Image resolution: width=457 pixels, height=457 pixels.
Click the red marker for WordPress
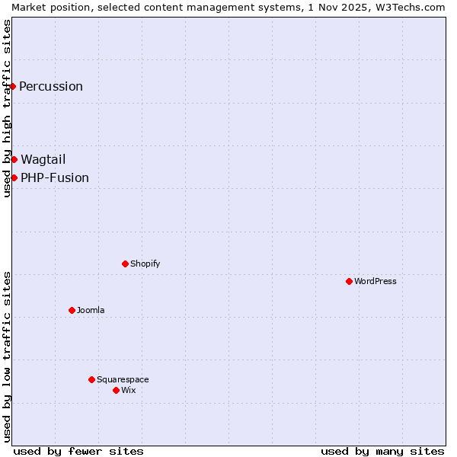click(349, 281)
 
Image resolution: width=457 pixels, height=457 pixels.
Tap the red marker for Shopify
click(125, 264)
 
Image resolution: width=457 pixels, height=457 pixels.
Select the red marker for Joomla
click(72, 310)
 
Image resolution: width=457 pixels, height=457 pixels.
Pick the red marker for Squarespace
click(91, 379)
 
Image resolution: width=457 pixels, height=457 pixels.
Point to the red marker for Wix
click(116, 390)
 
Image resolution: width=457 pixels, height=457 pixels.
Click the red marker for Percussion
click(13, 86)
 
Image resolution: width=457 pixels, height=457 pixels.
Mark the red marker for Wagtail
click(14, 159)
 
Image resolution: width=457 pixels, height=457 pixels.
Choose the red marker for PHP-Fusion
click(14, 177)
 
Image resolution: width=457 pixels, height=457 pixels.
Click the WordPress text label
click(376, 281)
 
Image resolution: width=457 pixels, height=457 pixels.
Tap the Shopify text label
click(145, 264)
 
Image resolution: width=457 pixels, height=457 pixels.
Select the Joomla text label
click(91, 310)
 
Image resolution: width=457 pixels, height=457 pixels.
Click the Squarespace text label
click(123, 379)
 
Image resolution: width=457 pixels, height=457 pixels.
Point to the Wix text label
click(129, 390)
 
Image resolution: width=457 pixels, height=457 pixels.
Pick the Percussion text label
click(51, 86)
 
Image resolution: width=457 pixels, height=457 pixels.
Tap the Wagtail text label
click(43, 159)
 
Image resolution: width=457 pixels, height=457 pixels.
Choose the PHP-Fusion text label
click(55, 177)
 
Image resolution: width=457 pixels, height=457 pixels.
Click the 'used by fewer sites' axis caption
click(78, 451)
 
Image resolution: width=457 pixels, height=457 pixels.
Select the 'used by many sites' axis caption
click(382, 451)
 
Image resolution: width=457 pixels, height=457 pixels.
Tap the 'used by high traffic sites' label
click(7, 108)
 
